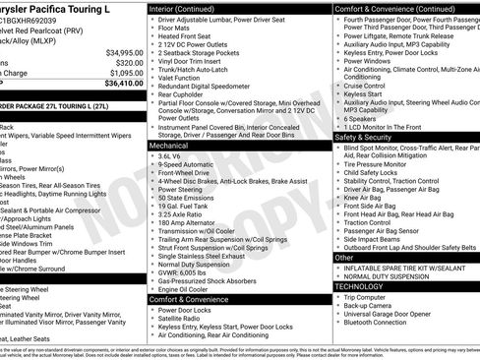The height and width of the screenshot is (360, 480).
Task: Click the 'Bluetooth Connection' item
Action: [x=390, y=323]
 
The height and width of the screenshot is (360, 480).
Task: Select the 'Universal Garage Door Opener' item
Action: [x=403, y=314]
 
